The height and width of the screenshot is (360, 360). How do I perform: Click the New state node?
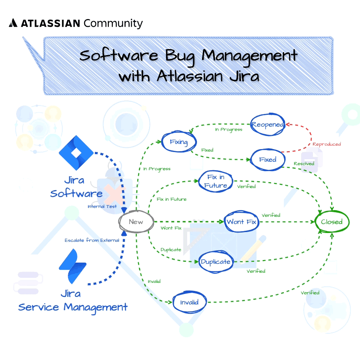(x=136, y=222)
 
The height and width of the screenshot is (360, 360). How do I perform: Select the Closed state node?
(x=332, y=222)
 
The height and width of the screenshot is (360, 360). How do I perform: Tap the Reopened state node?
(x=267, y=124)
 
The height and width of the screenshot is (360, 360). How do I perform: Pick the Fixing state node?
(x=178, y=141)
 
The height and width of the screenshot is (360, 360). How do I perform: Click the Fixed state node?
(x=268, y=159)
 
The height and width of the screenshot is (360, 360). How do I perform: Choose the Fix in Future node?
(x=216, y=181)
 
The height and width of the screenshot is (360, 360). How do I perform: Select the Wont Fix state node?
(x=241, y=222)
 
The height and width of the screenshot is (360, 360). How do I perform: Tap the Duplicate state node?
(x=216, y=262)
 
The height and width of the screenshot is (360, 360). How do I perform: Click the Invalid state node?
(x=189, y=302)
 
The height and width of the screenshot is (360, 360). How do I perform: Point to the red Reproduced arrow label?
(x=327, y=144)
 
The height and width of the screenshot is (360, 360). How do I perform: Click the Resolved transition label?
(x=304, y=163)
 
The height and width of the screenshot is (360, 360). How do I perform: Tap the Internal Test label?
(x=102, y=207)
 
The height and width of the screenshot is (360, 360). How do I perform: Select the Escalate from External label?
(x=92, y=240)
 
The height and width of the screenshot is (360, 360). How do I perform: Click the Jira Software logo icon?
(x=76, y=153)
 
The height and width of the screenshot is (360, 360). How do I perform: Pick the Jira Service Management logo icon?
(x=72, y=266)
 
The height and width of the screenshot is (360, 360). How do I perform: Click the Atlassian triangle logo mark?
(x=13, y=23)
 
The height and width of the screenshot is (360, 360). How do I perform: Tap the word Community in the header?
(x=113, y=23)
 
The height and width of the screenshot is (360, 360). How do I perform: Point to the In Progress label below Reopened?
(x=228, y=129)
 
